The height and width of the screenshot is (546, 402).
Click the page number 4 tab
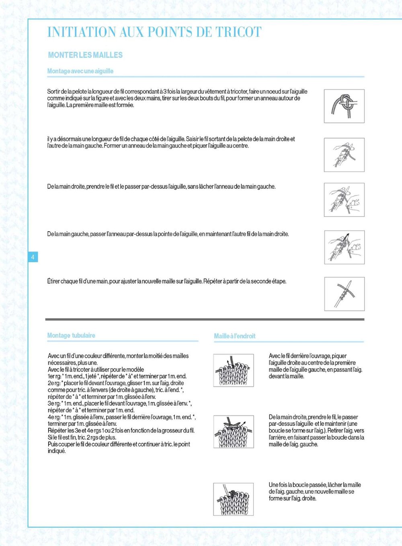pos(33,257)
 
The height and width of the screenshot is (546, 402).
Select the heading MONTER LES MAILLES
pos(85,55)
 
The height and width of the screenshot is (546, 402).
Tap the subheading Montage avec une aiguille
pos(80,71)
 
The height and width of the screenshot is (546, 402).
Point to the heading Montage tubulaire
pos(71,335)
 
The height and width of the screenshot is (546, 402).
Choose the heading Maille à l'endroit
pos(235,336)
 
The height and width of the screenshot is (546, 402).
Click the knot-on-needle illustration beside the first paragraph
pos(344,106)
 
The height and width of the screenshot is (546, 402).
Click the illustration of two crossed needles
pos(344,294)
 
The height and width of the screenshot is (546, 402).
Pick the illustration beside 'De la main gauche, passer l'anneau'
pos(344,247)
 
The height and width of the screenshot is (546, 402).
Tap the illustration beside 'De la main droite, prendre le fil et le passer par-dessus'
pos(344,200)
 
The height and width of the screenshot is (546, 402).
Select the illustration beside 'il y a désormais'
pos(344,155)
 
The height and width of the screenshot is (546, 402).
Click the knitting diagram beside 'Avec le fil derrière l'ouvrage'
pos(234,370)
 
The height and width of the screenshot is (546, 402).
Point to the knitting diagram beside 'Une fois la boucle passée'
pos(234,499)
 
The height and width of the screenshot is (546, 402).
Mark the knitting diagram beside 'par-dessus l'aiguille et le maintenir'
pos(234,431)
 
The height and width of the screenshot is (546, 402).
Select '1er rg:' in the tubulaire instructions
pos(54,376)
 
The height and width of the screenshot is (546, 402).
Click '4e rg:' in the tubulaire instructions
pos(54,417)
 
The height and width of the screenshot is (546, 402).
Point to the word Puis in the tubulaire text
pos(53,444)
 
